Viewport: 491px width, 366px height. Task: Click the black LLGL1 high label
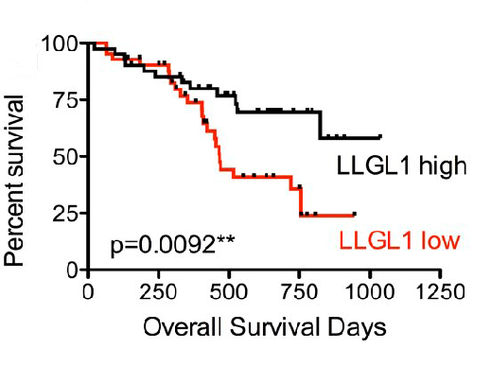(402, 167)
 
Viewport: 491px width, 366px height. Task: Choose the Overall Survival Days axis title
(264, 328)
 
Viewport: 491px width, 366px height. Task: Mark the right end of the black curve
(380, 137)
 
